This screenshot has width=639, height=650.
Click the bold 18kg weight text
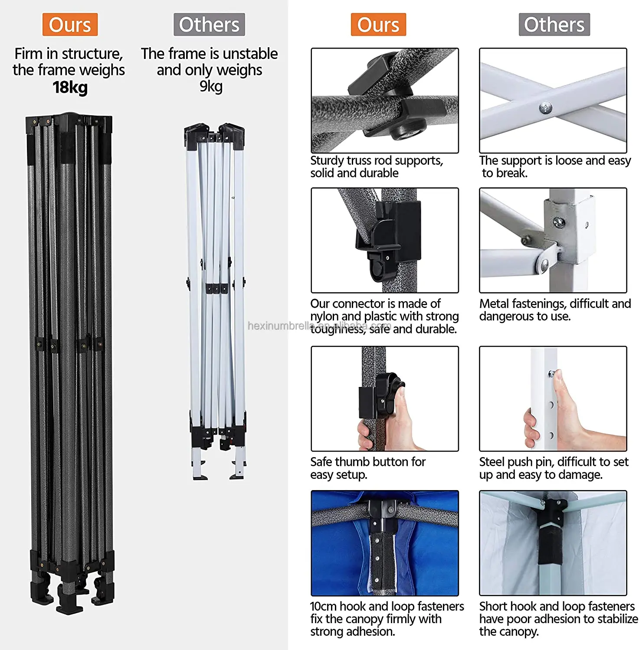click(70, 88)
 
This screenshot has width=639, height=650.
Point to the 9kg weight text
click(211, 87)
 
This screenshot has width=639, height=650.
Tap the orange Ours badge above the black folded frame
click(70, 25)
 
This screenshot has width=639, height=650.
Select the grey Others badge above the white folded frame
click(209, 25)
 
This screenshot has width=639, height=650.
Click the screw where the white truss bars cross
click(546, 107)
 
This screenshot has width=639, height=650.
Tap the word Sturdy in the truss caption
click(327, 161)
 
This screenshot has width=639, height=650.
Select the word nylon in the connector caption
click(325, 317)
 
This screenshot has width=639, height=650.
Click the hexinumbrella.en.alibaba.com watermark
click(319, 326)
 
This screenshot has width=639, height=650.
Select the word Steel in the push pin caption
click(492, 462)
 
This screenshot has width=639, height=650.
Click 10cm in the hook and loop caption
click(323, 606)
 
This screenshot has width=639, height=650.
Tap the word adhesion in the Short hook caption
click(570, 620)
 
